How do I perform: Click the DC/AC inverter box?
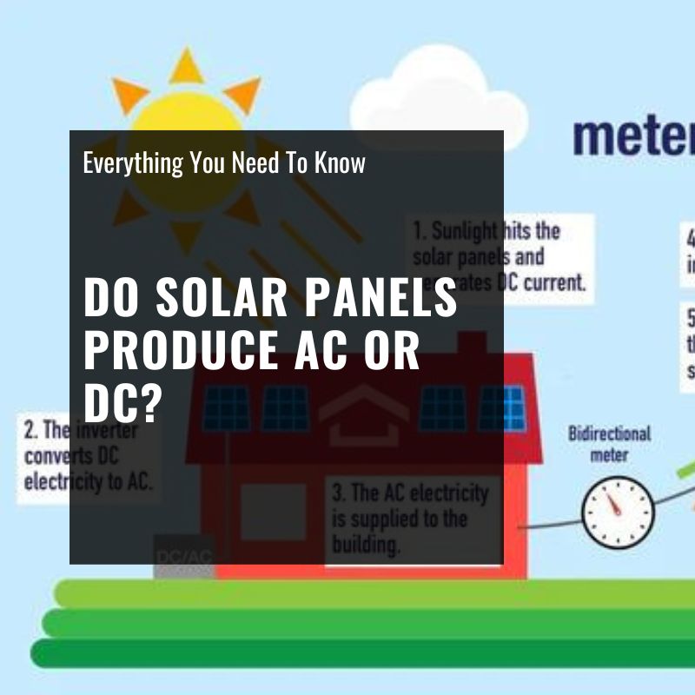[x=183, y=555]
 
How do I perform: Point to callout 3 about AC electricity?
[x=411, y=520]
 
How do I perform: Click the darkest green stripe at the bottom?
[x=347, y=653]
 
